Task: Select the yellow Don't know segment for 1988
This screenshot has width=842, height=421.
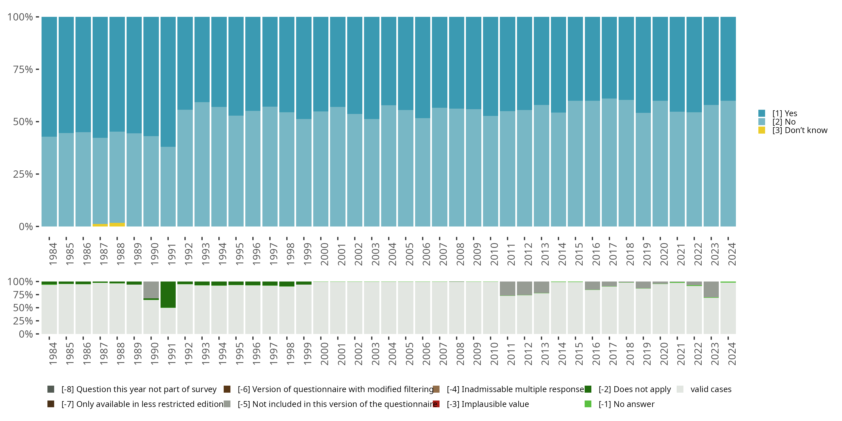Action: coord(117,225)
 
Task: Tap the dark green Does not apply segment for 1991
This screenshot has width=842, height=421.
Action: coord(168,294)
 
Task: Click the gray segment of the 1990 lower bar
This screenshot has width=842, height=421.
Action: coord(151,290)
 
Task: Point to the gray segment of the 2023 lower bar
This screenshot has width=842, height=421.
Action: coord(711,289)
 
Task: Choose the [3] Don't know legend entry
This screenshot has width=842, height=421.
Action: coord(793,131)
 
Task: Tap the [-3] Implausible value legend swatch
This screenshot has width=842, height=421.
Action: coord(436,404)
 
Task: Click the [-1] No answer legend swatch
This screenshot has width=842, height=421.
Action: coord(588,404)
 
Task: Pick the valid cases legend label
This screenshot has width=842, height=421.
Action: coord(711,389)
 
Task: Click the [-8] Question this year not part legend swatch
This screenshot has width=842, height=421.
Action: coord(51,389)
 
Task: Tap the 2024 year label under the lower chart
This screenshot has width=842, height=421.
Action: coord(731,354)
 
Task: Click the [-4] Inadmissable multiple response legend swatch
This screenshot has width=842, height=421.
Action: coord(436,389)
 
